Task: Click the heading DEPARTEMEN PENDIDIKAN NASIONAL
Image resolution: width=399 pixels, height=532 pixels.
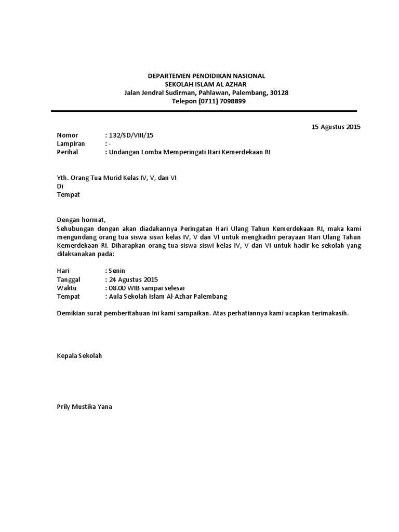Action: click(206, 76)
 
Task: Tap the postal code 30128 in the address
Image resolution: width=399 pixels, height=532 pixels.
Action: click(278, 93)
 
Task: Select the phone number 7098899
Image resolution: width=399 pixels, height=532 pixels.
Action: click(230, 101)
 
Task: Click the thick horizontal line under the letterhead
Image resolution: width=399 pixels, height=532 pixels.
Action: click(204, 111)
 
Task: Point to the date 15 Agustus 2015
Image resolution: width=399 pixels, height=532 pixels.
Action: click(336, 127)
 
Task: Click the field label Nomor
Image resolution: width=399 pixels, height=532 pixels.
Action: click(66, 135)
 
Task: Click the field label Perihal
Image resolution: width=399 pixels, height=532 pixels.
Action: click(68, 152)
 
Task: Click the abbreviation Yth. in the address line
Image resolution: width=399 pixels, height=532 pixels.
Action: click(62, 178)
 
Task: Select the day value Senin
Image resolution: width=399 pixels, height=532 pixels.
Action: click(116, 271)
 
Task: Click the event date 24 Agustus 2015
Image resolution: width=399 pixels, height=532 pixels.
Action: click(132, 280)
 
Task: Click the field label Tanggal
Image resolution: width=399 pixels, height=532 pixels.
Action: click(69, 280)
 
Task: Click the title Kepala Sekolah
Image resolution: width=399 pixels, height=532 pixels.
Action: click(79, 356)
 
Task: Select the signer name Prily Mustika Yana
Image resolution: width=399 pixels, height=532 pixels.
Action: click(84, 407)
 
